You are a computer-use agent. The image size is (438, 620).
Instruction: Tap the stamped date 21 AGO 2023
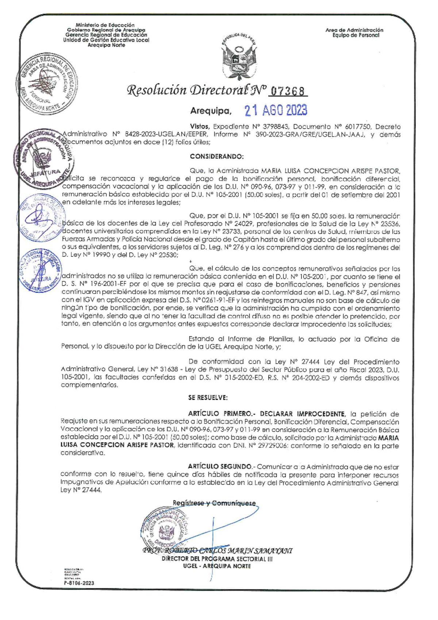pos(276,110)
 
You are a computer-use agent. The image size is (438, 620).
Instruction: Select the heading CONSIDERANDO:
pos(216,157)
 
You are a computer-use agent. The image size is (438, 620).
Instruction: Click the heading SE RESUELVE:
pos(208,397)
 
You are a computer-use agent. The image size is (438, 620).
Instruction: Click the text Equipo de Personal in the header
pos(356,35)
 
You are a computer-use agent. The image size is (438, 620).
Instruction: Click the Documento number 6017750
pos(354,127)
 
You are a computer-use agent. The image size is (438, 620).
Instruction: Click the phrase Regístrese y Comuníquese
pos(214,503)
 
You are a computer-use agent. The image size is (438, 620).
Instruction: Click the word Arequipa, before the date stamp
pos(211,111)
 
